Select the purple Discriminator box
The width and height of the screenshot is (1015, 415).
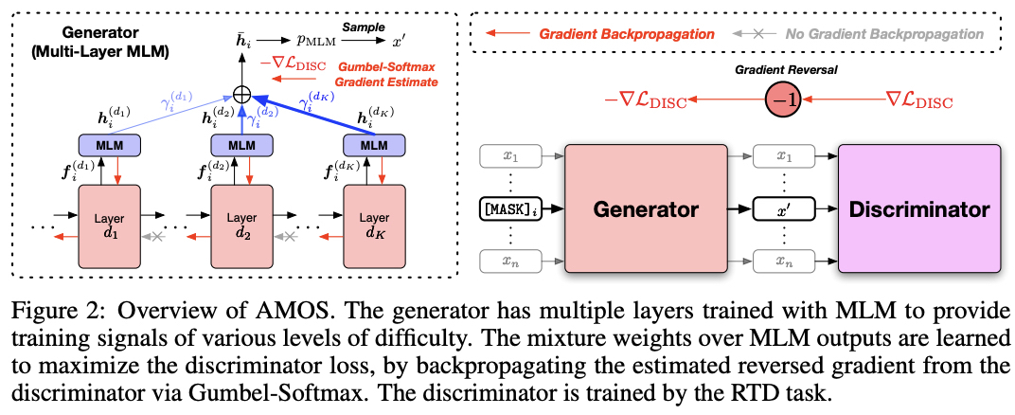point(918,209)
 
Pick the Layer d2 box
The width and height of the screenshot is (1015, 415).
point(241,224)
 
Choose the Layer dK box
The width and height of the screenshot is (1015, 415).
point(375,224)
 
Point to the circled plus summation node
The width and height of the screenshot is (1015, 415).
point(242,96)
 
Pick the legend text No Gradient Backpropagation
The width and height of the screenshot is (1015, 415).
point(884,34)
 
